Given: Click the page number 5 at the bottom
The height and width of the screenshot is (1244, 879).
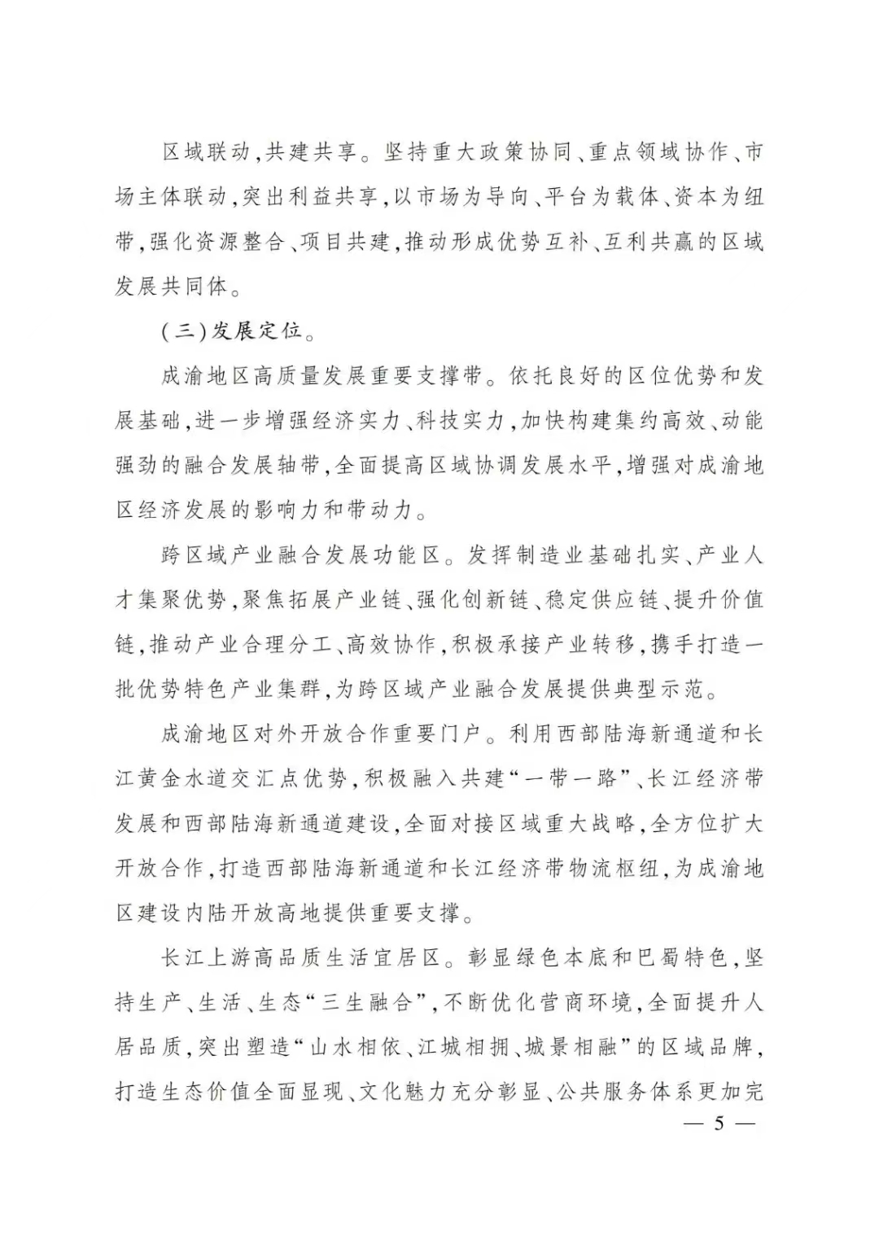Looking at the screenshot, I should coord(719,1124).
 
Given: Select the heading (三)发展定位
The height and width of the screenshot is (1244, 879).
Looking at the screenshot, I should coord(232,331).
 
